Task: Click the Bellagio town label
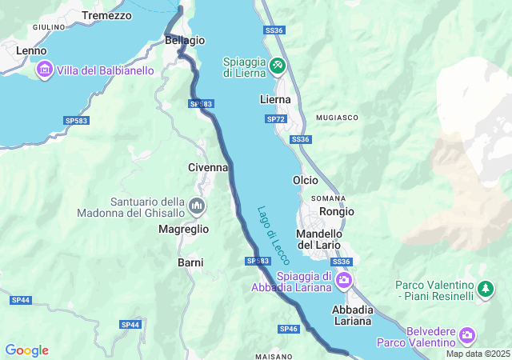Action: click(185, 40)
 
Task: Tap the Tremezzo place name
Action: click(106, 15)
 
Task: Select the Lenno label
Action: click(31, 50)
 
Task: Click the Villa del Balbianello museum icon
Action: click(43, 70)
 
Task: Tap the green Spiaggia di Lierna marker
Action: click(278, 64)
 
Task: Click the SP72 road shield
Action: click(275, 119)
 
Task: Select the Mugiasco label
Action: click(337, 117)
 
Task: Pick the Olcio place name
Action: click(306, 180)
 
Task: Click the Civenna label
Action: click(208, 167)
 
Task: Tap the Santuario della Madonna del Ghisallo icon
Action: click(196, 207)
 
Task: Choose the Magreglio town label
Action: click(182, 229)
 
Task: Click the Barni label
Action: click(190, 262)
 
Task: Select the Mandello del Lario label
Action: click(318, 238)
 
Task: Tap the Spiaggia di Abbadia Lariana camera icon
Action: click(344, 279)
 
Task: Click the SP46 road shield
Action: click(289, 329)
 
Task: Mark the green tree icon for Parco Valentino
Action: click(485, 287)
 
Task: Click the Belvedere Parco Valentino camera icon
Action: click(467, 334)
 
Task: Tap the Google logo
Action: click(27, 350)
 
